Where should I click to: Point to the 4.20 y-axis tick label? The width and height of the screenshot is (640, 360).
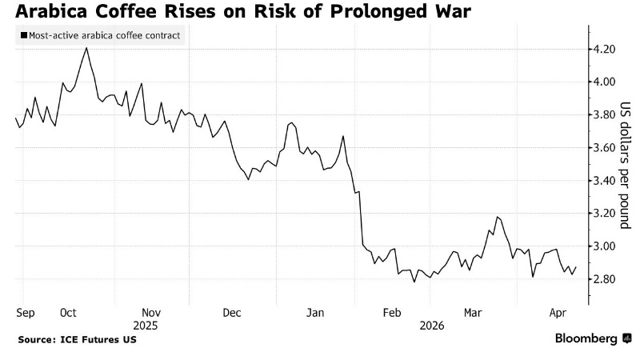[605, 50]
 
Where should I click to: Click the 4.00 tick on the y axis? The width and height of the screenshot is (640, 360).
[605, 82]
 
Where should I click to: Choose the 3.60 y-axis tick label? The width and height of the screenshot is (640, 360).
[605, 148]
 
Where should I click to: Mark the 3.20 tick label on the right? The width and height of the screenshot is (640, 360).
[605, 214]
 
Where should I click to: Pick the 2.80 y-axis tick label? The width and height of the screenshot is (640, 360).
[605, 279]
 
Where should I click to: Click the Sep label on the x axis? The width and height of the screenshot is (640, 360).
[25, 314]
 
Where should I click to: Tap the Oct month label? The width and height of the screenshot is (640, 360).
[67, 314]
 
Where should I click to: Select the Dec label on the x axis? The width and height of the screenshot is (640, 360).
[232, 314]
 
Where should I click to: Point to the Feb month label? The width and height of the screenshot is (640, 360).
[392, 314]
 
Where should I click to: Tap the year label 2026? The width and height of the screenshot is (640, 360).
[432, 326]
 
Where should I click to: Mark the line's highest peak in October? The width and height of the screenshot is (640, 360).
[86, 48]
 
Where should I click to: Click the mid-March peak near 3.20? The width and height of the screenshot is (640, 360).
[498, 217]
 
